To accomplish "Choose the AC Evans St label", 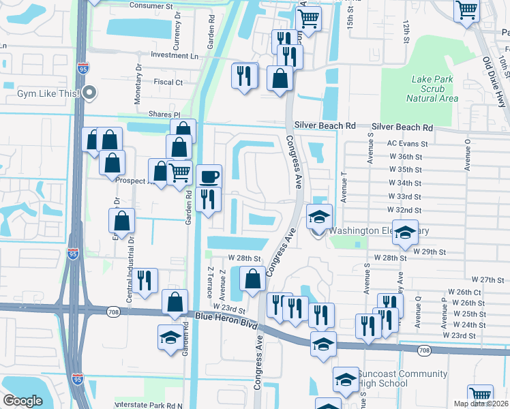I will coord(407,144).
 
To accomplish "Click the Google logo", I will coord(23,401).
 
